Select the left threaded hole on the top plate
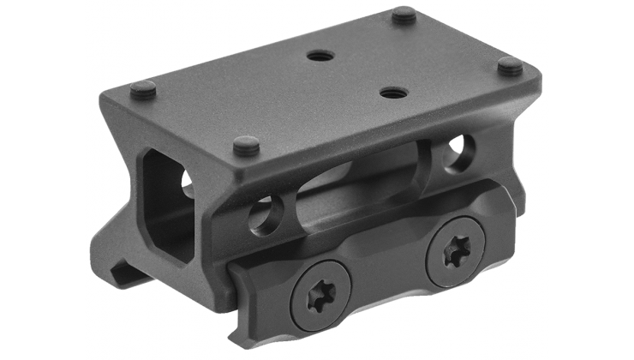pyautogui.click(x=320, y=56)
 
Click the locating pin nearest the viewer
pyautogui.click(x=246, y=145)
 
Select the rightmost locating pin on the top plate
pyautogui.click(x=511, y=65)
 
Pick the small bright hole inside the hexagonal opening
pyautogui.click(x=187, y=177)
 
